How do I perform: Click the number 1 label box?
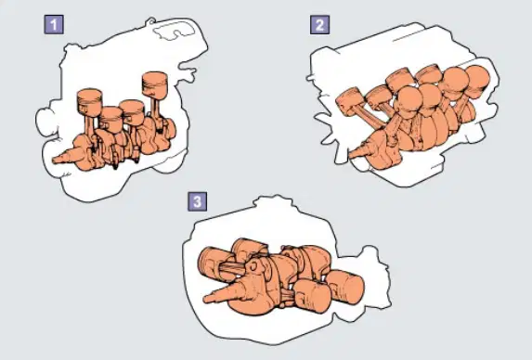54,25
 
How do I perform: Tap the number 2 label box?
319,25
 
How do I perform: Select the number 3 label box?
197,201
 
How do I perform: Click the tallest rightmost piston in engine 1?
155,85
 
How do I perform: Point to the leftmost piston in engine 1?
89,102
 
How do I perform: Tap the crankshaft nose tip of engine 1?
54,160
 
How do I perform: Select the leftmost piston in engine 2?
349,100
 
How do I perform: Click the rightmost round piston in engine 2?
478,82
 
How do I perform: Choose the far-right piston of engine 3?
345,287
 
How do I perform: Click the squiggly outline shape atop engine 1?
174,32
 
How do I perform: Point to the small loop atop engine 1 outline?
149,21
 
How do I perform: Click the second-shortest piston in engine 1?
133,112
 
